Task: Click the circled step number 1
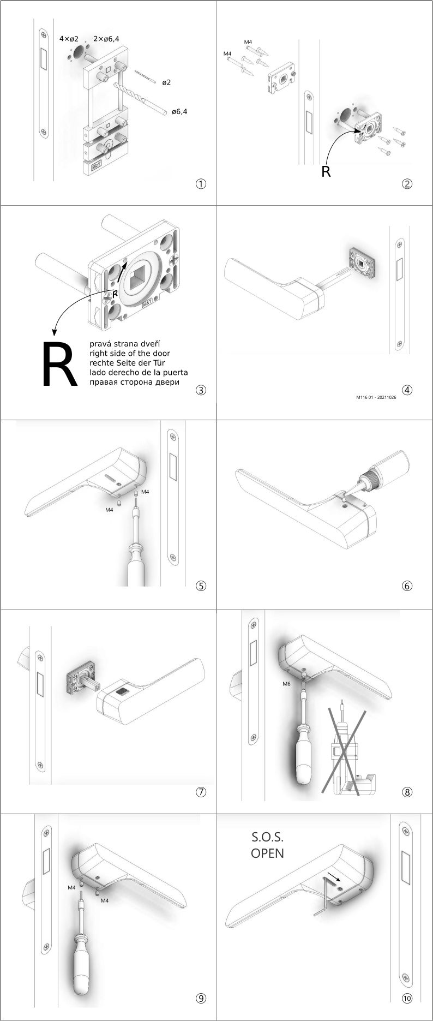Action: click(x=201, y=184)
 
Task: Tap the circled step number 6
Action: click(x=407, y=586)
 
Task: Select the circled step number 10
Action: click(x=407, y=998)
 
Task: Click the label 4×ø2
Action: click(x=69, y=39)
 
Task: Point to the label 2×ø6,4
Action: click(x=106, y=39)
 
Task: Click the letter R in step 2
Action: click(x=326, y=171)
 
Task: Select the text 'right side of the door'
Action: click(x=130, y=354)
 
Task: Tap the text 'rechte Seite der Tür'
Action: click(x=127, y=363)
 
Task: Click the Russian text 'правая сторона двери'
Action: click(x=134, y=382)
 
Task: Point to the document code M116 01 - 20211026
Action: click(x=376, y=398)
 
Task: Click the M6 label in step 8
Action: click(x=286, y=684)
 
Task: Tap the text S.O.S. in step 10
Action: click(x=267, y=837)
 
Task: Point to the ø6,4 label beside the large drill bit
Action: click(x=179, y=112)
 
